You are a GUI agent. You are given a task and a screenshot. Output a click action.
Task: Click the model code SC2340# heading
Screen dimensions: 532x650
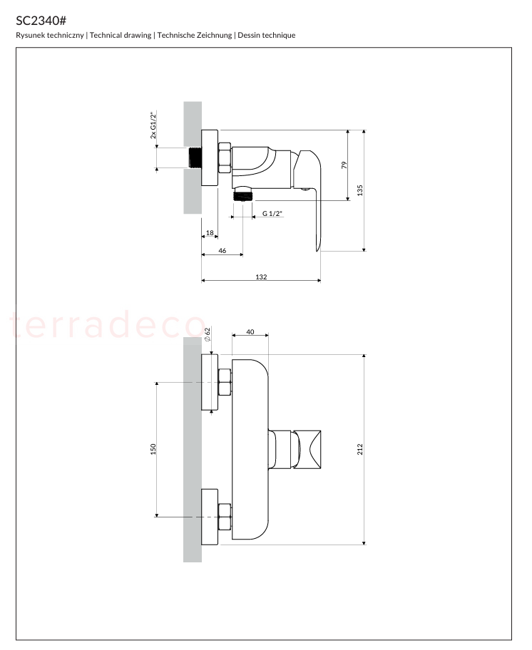point(41,20)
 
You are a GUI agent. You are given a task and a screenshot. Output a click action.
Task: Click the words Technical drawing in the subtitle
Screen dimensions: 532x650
point(121,35)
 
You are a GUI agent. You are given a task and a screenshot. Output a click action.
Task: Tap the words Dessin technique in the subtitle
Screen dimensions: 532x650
point(266,35)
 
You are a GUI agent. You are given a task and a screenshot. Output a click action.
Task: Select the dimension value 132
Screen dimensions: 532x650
point(261,277)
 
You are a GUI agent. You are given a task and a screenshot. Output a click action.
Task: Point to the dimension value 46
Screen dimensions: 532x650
point(222,250)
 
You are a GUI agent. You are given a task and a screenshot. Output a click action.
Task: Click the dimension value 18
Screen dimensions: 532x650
point(210,232)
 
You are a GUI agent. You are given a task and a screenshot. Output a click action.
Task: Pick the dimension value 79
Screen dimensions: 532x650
point(344,165)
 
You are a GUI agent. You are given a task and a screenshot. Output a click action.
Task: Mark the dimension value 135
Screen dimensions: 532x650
point(360,190)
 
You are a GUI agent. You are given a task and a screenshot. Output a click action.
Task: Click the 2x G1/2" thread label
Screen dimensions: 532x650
point(153,125)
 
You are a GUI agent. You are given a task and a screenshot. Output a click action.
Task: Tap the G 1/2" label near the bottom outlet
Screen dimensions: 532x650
point(272,214)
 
